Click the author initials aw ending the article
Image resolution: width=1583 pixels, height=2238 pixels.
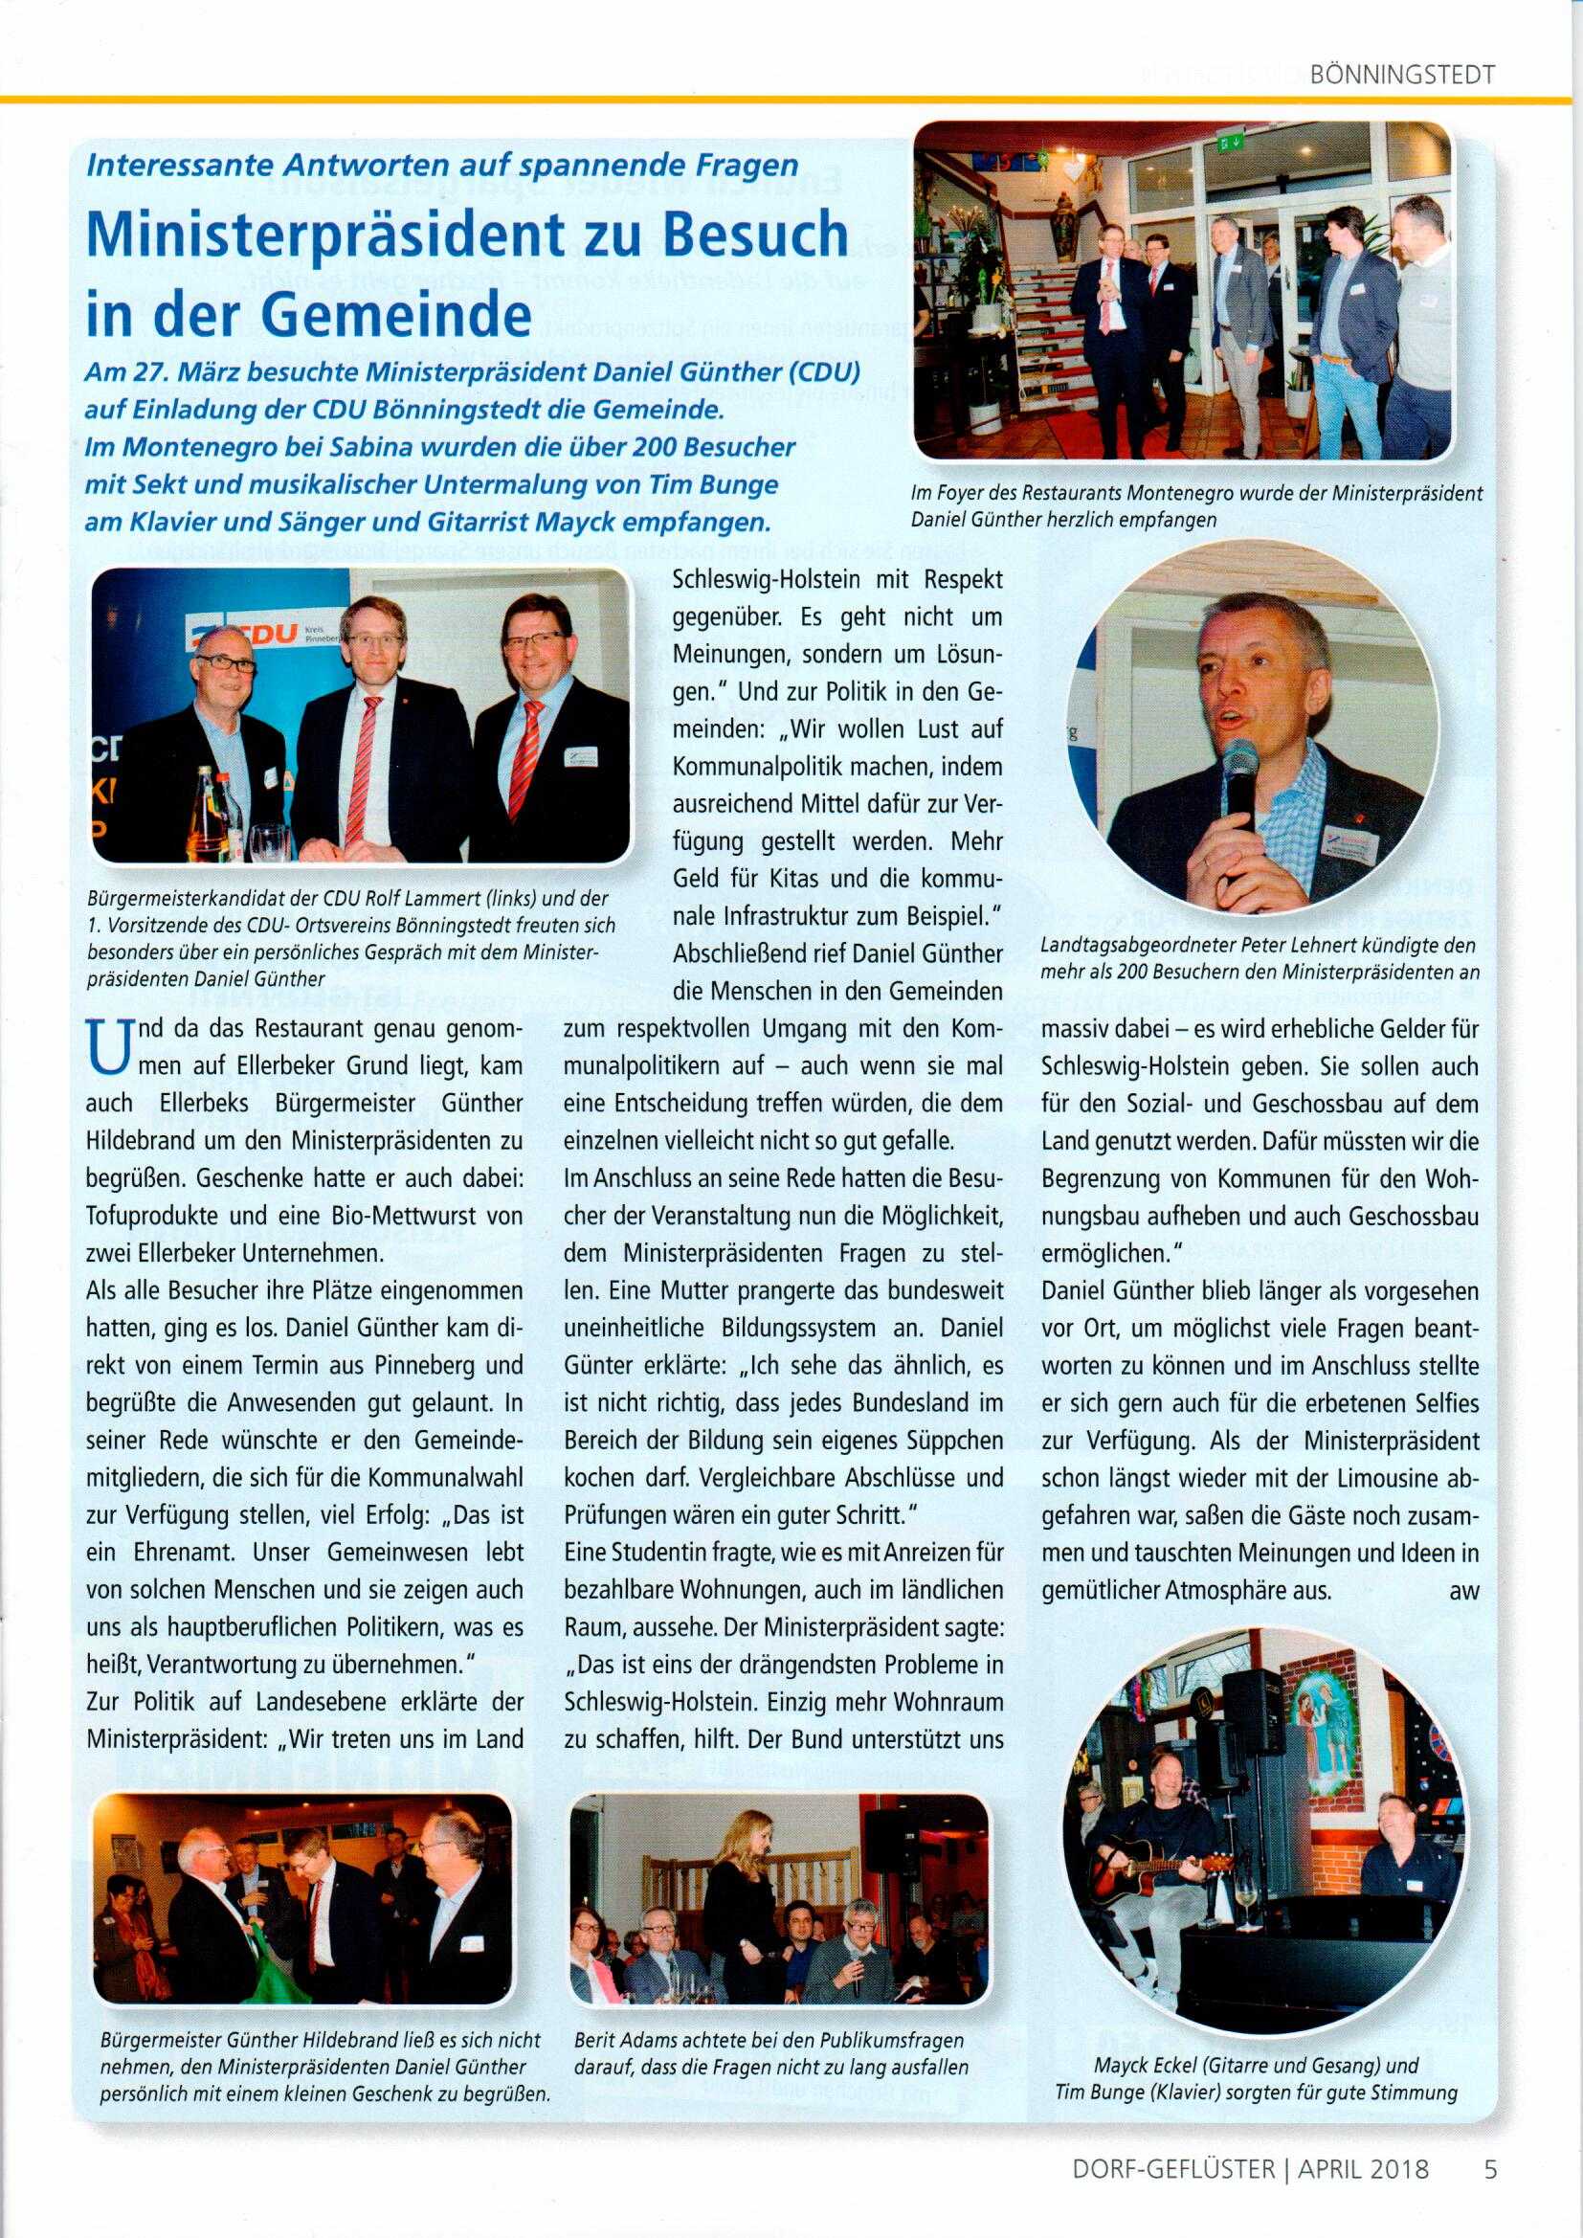(x=1464, y=1591)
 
